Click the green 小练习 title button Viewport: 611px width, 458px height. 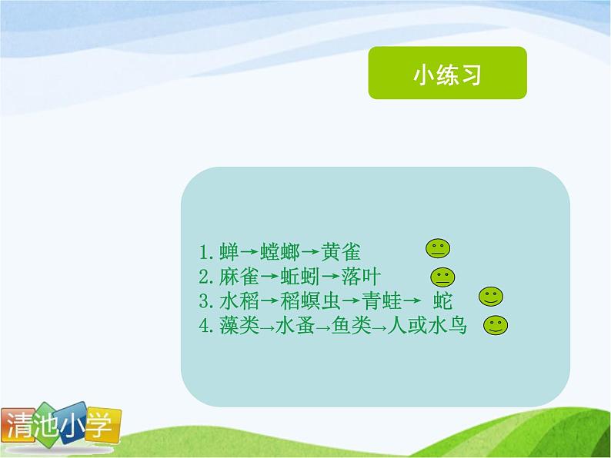point(447,73)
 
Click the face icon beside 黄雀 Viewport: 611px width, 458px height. point(437,248)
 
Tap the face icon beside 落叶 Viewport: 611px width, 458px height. point(442,276)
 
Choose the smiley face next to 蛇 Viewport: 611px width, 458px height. point(490,296)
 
